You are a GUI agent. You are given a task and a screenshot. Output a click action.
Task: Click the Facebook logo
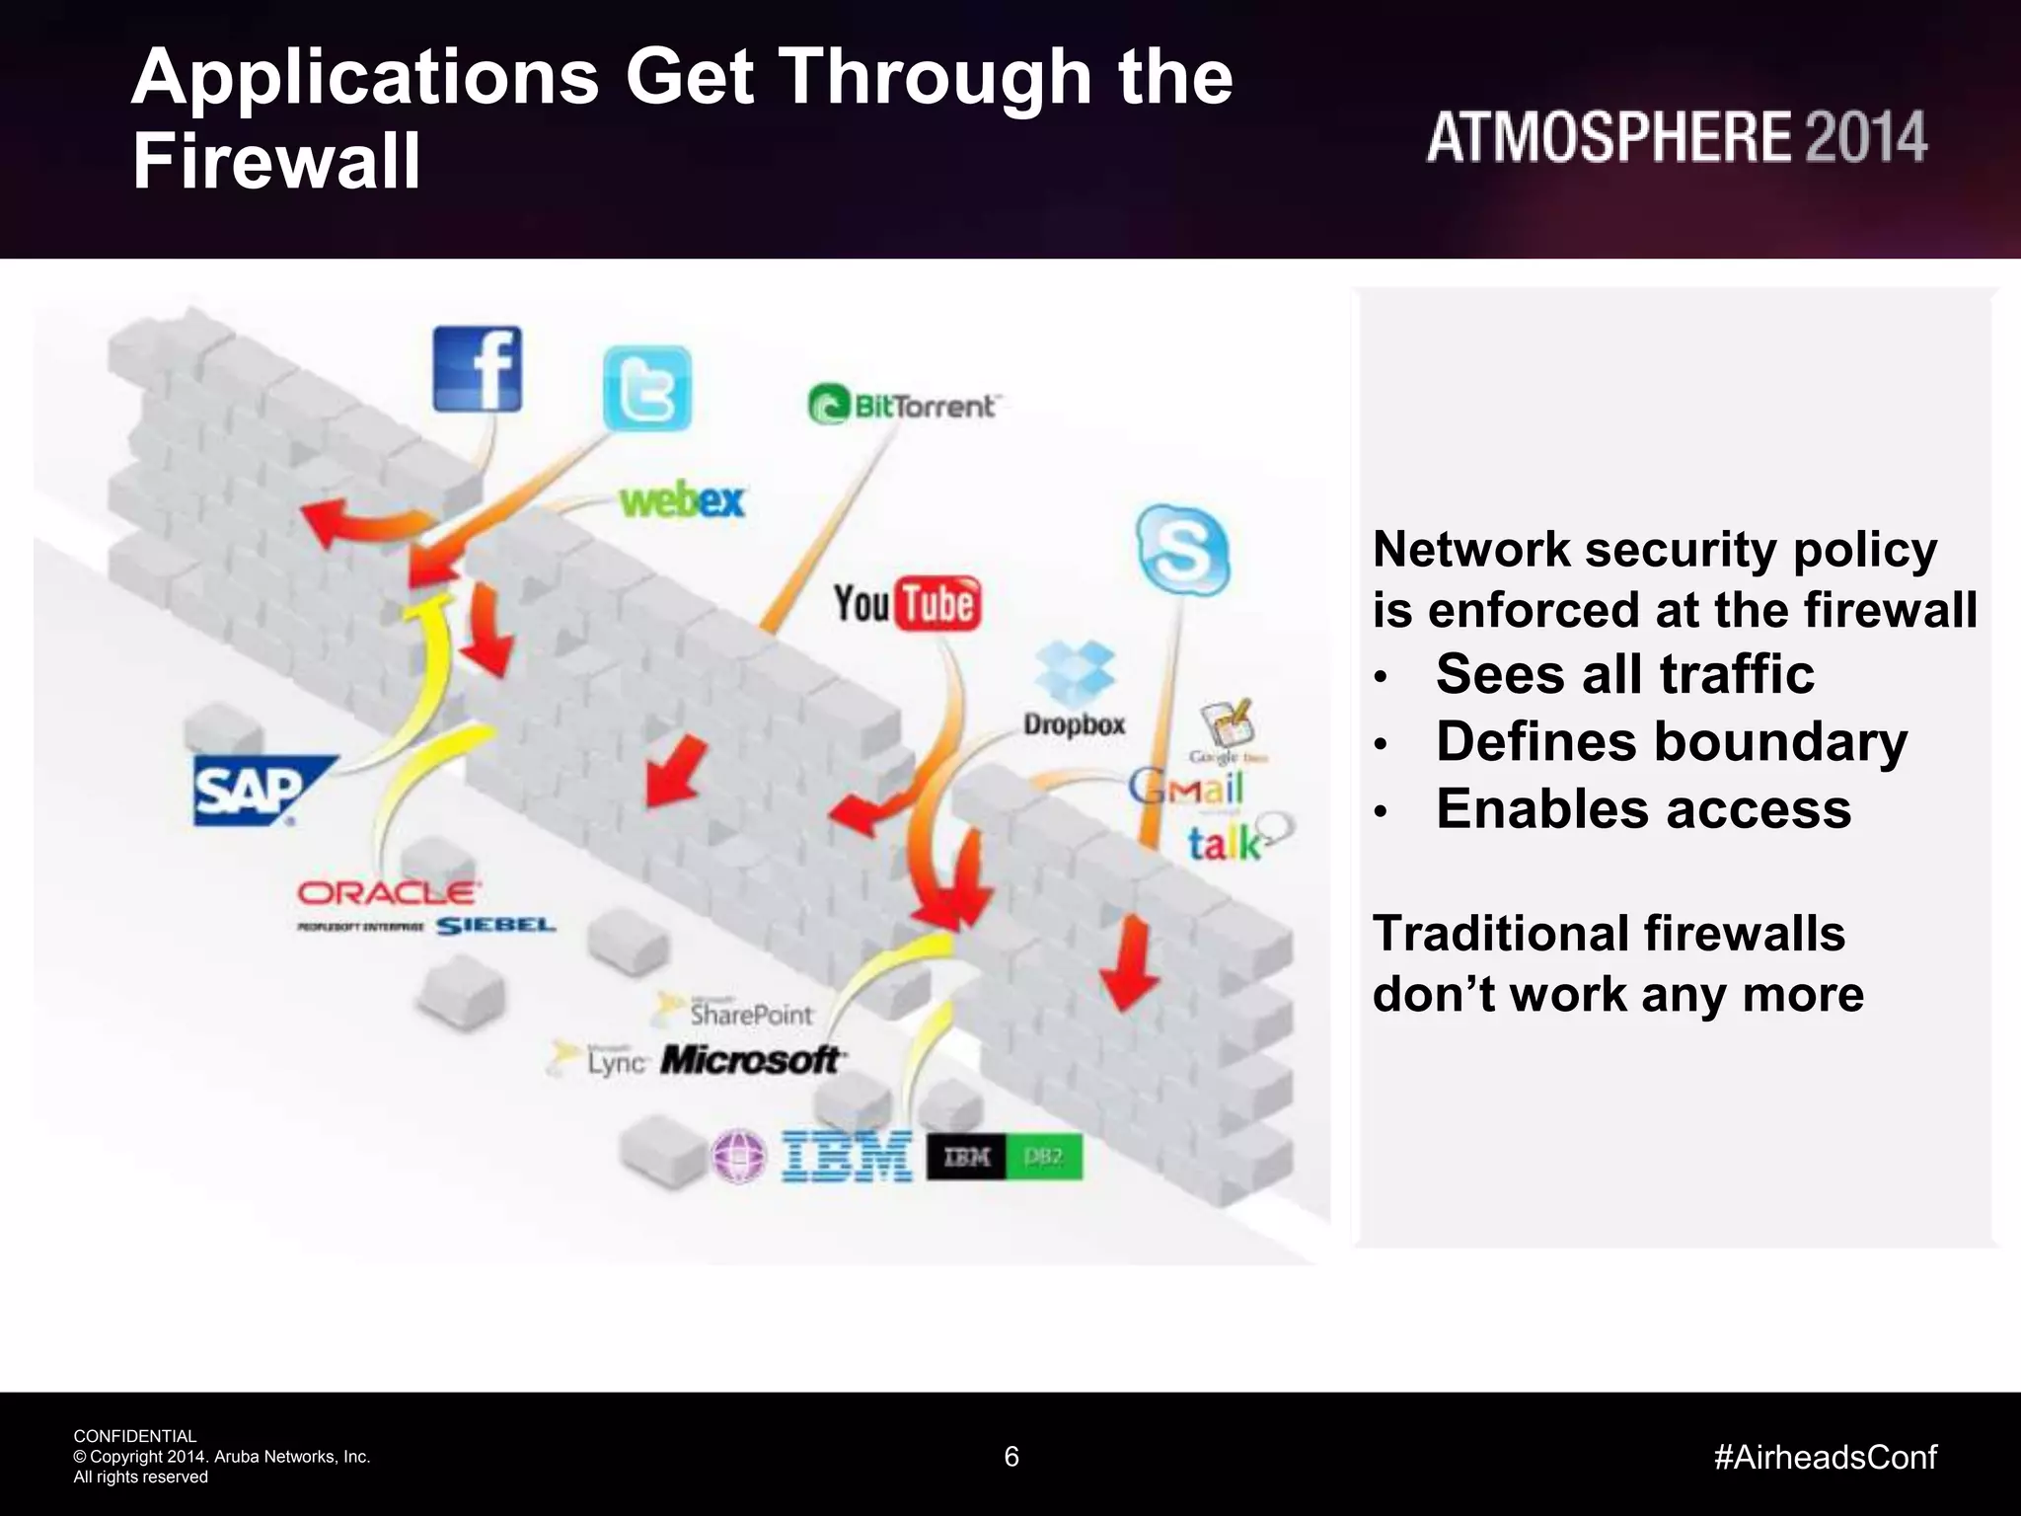478,369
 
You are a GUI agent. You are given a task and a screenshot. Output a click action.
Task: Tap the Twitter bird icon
647,389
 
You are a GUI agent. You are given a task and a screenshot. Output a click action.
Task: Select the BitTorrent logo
903,406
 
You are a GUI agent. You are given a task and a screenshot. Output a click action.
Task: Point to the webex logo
682,500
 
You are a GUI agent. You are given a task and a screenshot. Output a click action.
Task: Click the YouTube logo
907,603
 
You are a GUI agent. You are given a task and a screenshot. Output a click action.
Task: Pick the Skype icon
1182,551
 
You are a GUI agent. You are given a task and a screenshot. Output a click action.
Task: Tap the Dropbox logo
1074,690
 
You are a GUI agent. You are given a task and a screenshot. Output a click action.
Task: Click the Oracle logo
388,893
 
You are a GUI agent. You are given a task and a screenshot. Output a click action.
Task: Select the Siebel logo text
495,926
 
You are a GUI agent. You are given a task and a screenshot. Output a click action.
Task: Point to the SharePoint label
750,1014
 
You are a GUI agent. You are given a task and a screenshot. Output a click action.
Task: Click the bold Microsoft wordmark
750,1060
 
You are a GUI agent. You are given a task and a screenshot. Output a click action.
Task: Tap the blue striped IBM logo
847,1156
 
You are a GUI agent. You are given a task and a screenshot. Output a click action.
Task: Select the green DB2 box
1044,1157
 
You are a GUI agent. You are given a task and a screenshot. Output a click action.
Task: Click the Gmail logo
1186,788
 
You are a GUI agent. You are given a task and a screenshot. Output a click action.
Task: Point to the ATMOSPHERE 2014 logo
1676,137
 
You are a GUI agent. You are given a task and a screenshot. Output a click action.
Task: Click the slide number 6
1010,1456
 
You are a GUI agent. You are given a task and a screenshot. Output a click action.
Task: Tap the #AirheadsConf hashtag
1825,1457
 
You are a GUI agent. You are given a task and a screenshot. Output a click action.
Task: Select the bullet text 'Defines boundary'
1671,741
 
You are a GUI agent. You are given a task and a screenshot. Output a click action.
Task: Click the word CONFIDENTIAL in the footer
135,1436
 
